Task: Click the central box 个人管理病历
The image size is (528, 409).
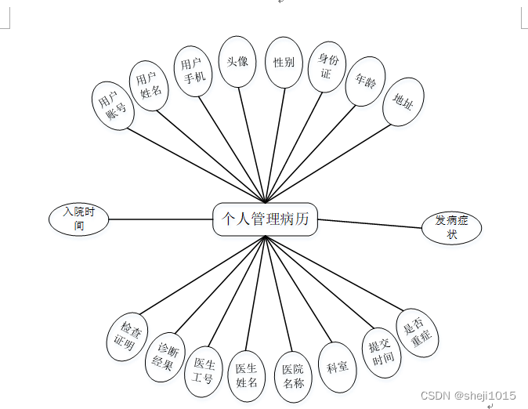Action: pyautogui.click(x=266, y=219)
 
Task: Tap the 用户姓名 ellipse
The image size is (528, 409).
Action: pyautogui.click(x=150, y=85)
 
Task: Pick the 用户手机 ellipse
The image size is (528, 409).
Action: pyautogui.click(x=193, y=71)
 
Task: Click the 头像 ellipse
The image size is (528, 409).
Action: pyautogui.click(x=237, y=61)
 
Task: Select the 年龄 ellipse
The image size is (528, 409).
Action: pyautogui.click(x=365, y=81)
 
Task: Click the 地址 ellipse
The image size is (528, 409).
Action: pyautogui.click(x=403, y=102)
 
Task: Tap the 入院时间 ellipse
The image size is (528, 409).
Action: pyautogui.click(x=78, y=219)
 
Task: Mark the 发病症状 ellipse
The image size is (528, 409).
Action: pyautogui.click(x=452, y=228)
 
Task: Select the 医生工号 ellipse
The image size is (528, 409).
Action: pyautogui.click(x=204, y=371)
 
